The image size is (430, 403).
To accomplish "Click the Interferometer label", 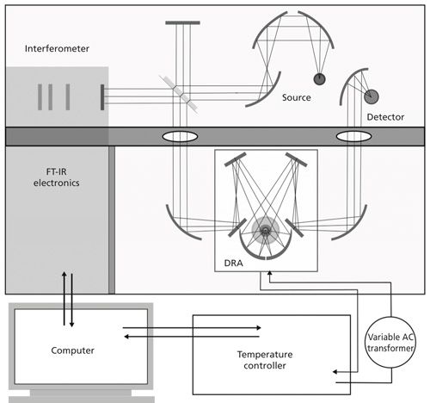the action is point(57,48).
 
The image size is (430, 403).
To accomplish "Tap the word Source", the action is point(297,97).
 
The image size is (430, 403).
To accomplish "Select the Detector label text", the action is point(385,117).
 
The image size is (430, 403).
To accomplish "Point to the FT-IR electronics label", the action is point(57,177).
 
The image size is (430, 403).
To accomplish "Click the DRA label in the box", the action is point(233,263).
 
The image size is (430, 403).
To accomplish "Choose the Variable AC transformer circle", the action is point(390,342).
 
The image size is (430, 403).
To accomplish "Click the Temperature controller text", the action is point(265,360).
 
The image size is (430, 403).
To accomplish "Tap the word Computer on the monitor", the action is point(72,350).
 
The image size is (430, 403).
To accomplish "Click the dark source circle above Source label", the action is point(319,79).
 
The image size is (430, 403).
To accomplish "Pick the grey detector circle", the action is point(372,96).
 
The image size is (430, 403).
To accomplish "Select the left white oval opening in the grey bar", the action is point(180,136).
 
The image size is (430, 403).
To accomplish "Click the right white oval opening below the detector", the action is point(353,136).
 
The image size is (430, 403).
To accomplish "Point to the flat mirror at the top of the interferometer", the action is point(182,22).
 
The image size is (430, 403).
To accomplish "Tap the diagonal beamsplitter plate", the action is point(179,94).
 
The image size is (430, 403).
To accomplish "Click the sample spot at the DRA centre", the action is point(265,230).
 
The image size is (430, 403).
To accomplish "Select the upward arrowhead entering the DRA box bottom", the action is point(269,273).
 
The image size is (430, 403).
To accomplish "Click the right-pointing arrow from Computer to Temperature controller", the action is point(192,328).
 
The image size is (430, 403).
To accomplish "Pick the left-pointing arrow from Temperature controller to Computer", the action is point(192,337).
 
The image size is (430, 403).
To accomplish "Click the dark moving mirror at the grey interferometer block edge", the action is point(102,97).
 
